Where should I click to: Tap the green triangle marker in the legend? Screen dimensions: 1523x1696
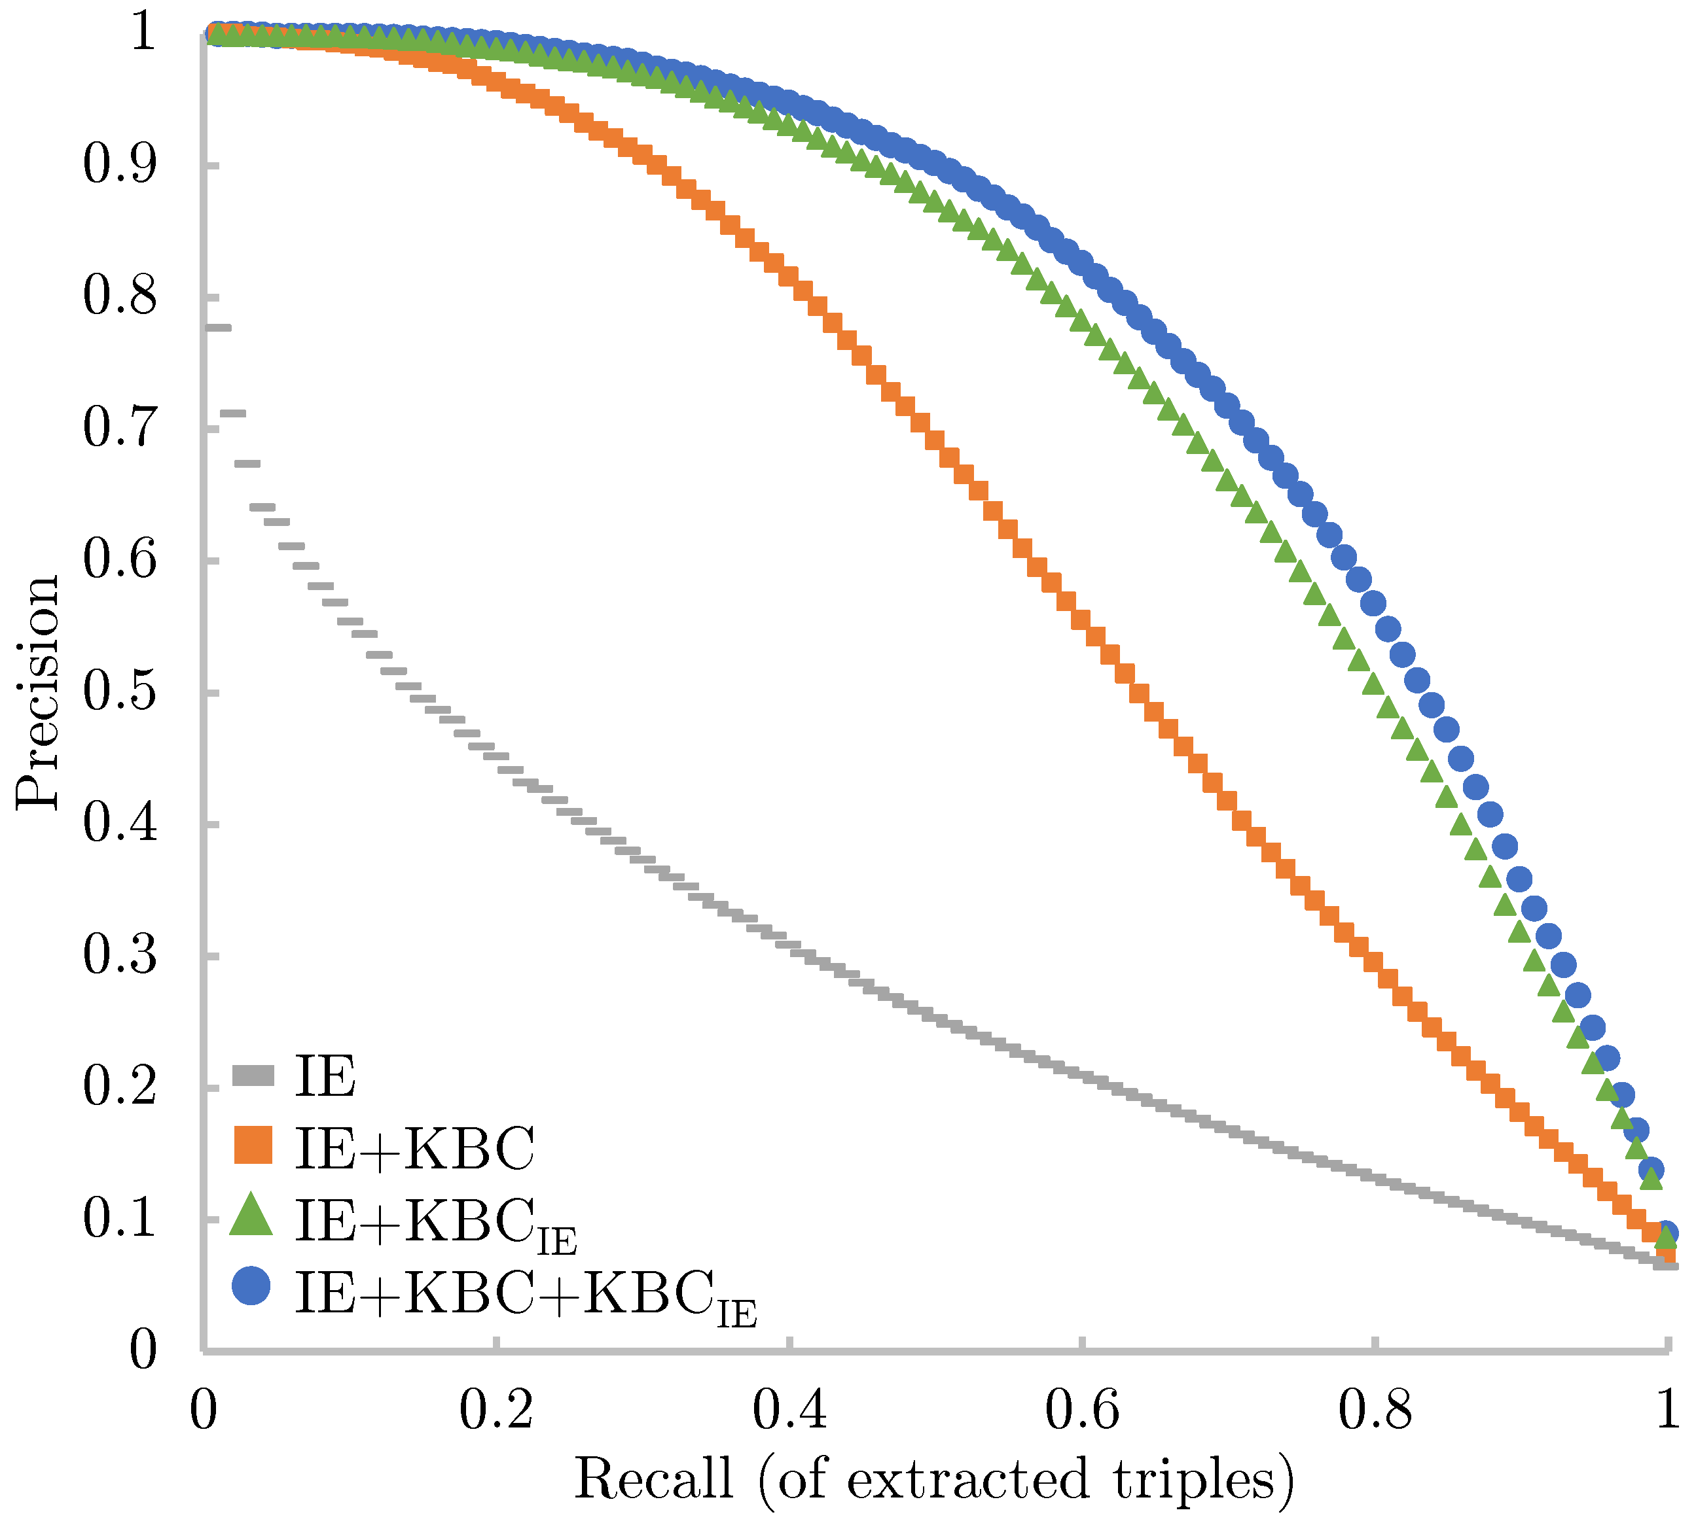251,1216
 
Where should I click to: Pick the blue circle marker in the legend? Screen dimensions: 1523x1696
251,1286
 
